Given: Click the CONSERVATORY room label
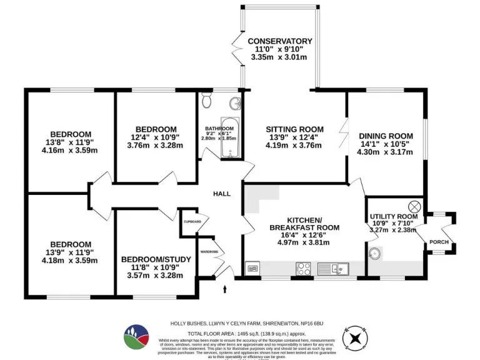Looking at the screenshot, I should coord(279,41).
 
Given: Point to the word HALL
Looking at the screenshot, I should coord(222,194).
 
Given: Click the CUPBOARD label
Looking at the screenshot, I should coord(192,222).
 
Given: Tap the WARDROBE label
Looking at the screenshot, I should coord(209,252).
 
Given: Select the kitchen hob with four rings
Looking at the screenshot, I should coord(304,269).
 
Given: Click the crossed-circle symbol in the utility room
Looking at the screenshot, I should coord(414,206).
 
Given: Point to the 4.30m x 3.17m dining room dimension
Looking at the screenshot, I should coord(386,152).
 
